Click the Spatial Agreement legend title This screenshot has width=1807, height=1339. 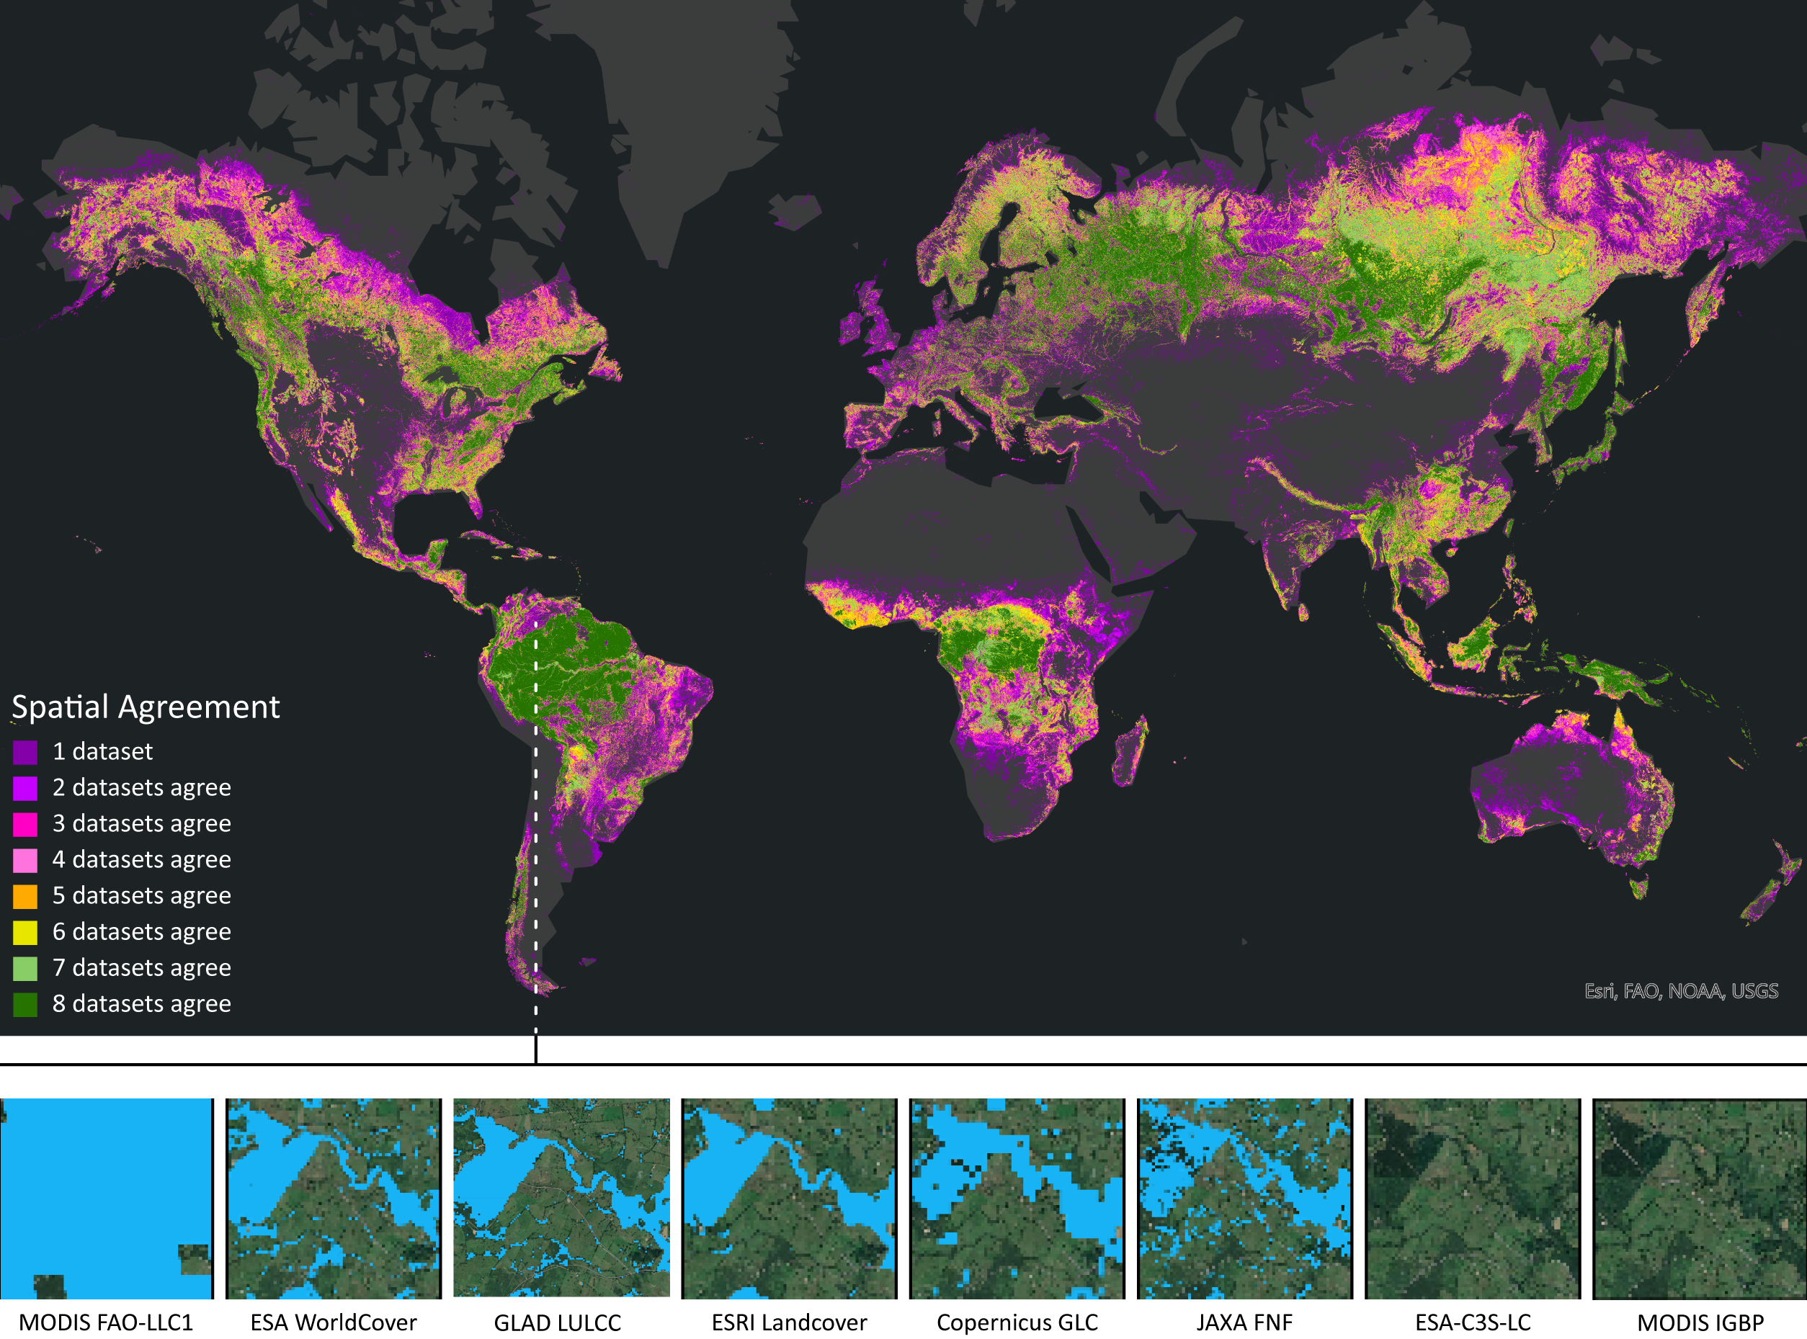[x=146, y=707]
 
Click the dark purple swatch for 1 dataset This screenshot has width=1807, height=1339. [x=25, y=752]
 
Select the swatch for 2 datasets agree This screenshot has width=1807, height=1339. [x=25, y=788]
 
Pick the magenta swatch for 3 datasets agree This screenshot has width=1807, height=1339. [x=25, y=824]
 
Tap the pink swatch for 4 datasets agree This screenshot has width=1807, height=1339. [x=25, y=860]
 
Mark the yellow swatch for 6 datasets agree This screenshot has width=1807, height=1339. [x=25, y=932]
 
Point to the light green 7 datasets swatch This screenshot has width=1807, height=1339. [x=25, y=969]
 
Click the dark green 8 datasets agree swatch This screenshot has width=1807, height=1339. [x=25, y=1004]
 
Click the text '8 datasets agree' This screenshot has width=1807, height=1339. [x=142, y=1004]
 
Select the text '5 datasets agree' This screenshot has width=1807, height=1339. [x=142, y=895]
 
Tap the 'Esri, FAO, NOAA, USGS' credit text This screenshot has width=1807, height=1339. [x=1682, y=991]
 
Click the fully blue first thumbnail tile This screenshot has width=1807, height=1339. [x=105, y=1198]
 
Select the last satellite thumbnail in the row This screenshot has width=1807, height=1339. [x=1700, y=1198]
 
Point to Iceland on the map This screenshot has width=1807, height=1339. [x=795, y=209]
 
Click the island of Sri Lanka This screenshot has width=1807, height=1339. [x=1303, y=612]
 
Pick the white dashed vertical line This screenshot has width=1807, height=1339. [x=536, y=827]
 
